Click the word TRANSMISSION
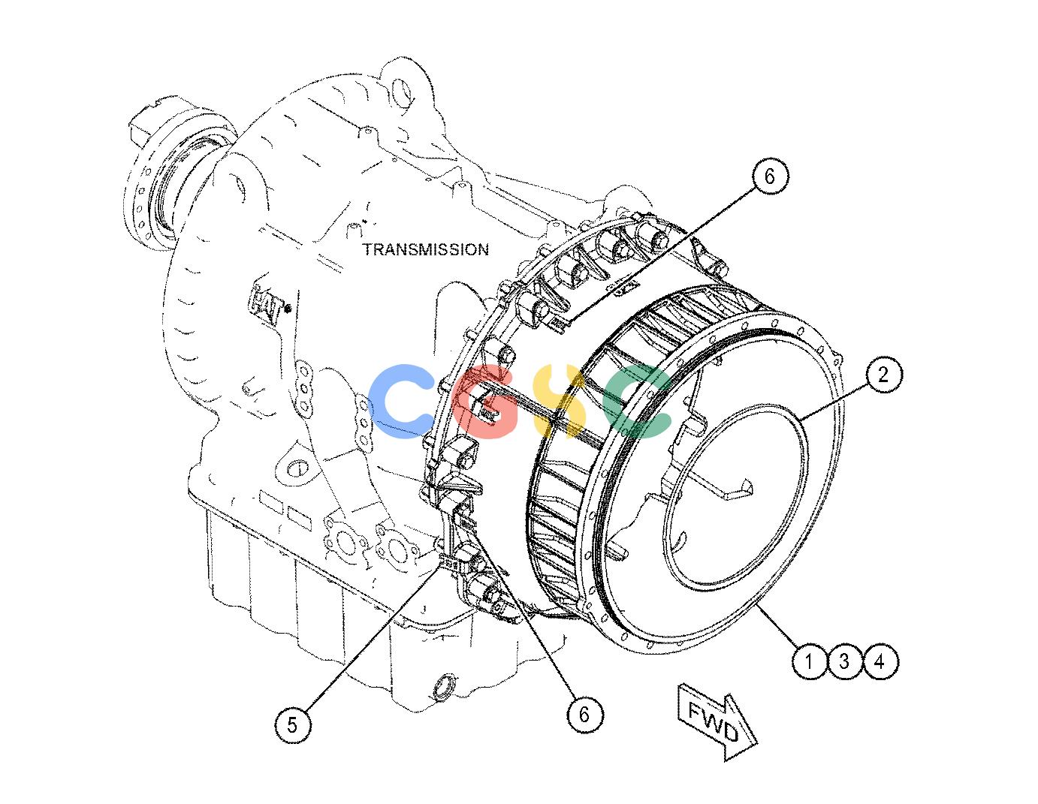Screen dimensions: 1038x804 (426, 249)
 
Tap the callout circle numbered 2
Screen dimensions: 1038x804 (883, 374)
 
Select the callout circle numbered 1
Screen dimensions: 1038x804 (809, 661)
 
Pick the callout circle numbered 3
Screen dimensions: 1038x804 (844, 661)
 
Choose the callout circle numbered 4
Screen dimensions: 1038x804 (880, 661)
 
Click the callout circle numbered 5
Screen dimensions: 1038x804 (292, 724)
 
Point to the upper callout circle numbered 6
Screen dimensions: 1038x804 (770, 176)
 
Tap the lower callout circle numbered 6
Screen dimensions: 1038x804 (584, 714)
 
